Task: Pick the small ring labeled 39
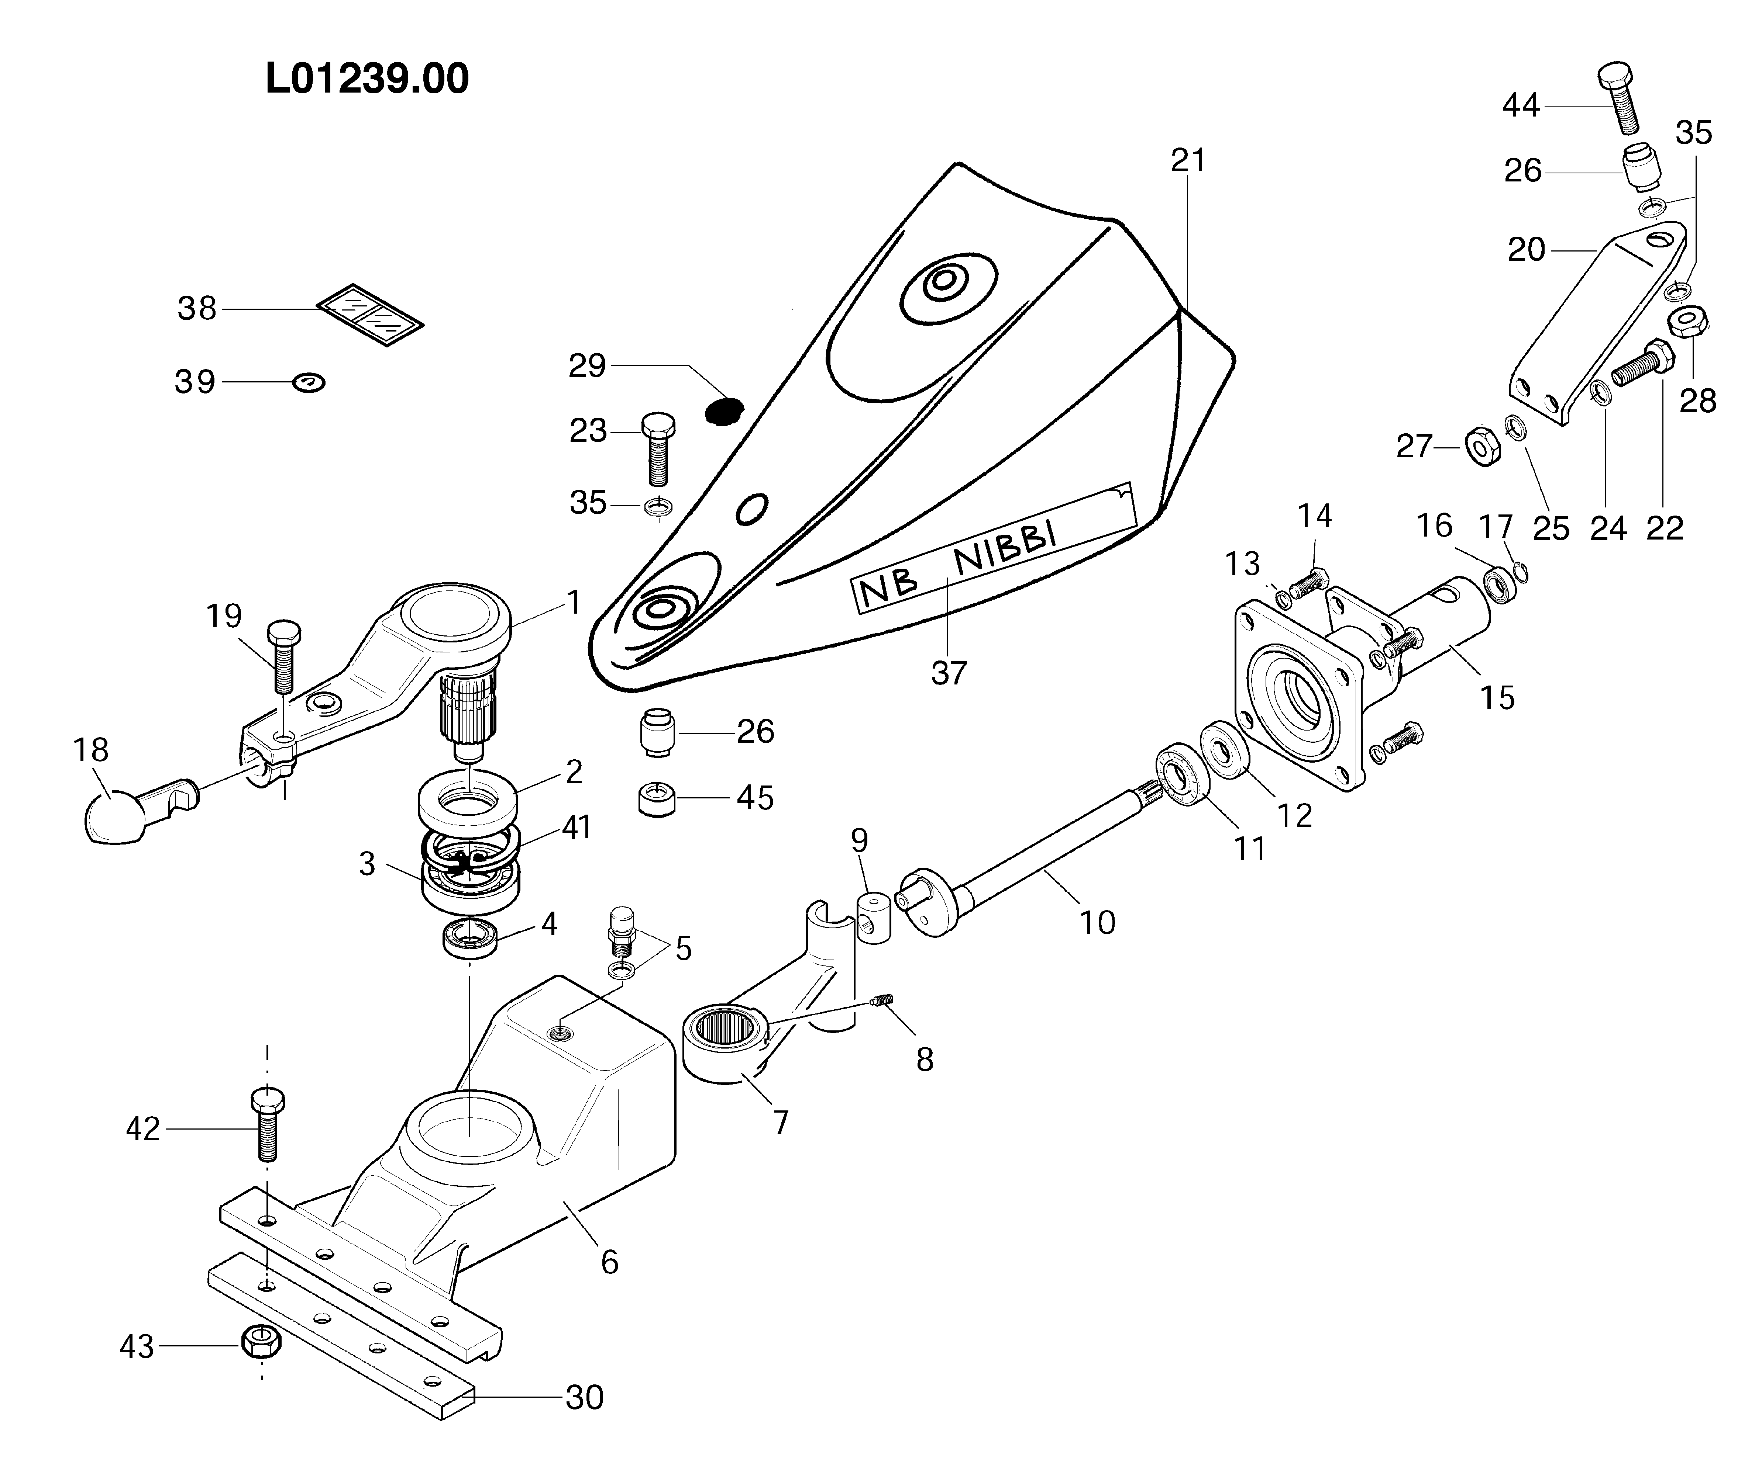309,383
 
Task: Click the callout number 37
949,673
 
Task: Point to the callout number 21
1188,160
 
